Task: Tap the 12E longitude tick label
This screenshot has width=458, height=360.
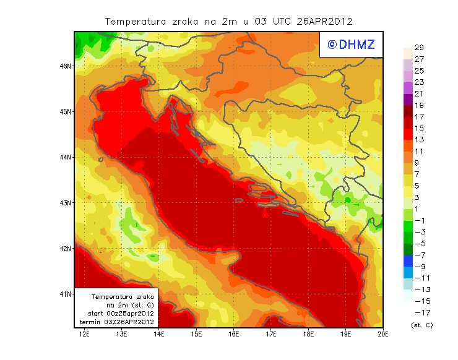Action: tap(84, 335)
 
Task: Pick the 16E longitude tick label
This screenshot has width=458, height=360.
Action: tap(233, 335)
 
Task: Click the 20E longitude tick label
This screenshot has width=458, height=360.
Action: tap(382, 335)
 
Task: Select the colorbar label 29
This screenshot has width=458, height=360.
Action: tap(418, 48)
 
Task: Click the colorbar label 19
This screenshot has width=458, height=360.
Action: tap(418, 105)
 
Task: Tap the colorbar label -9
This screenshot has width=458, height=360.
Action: tap(420, 267)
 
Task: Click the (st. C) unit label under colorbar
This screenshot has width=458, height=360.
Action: tap(421, 325)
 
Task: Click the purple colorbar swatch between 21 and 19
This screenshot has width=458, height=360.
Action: tap(407, 100)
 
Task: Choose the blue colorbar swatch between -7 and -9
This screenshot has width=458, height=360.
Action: tap(407, 261)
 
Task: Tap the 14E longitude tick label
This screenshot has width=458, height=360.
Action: tap(159, 335)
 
